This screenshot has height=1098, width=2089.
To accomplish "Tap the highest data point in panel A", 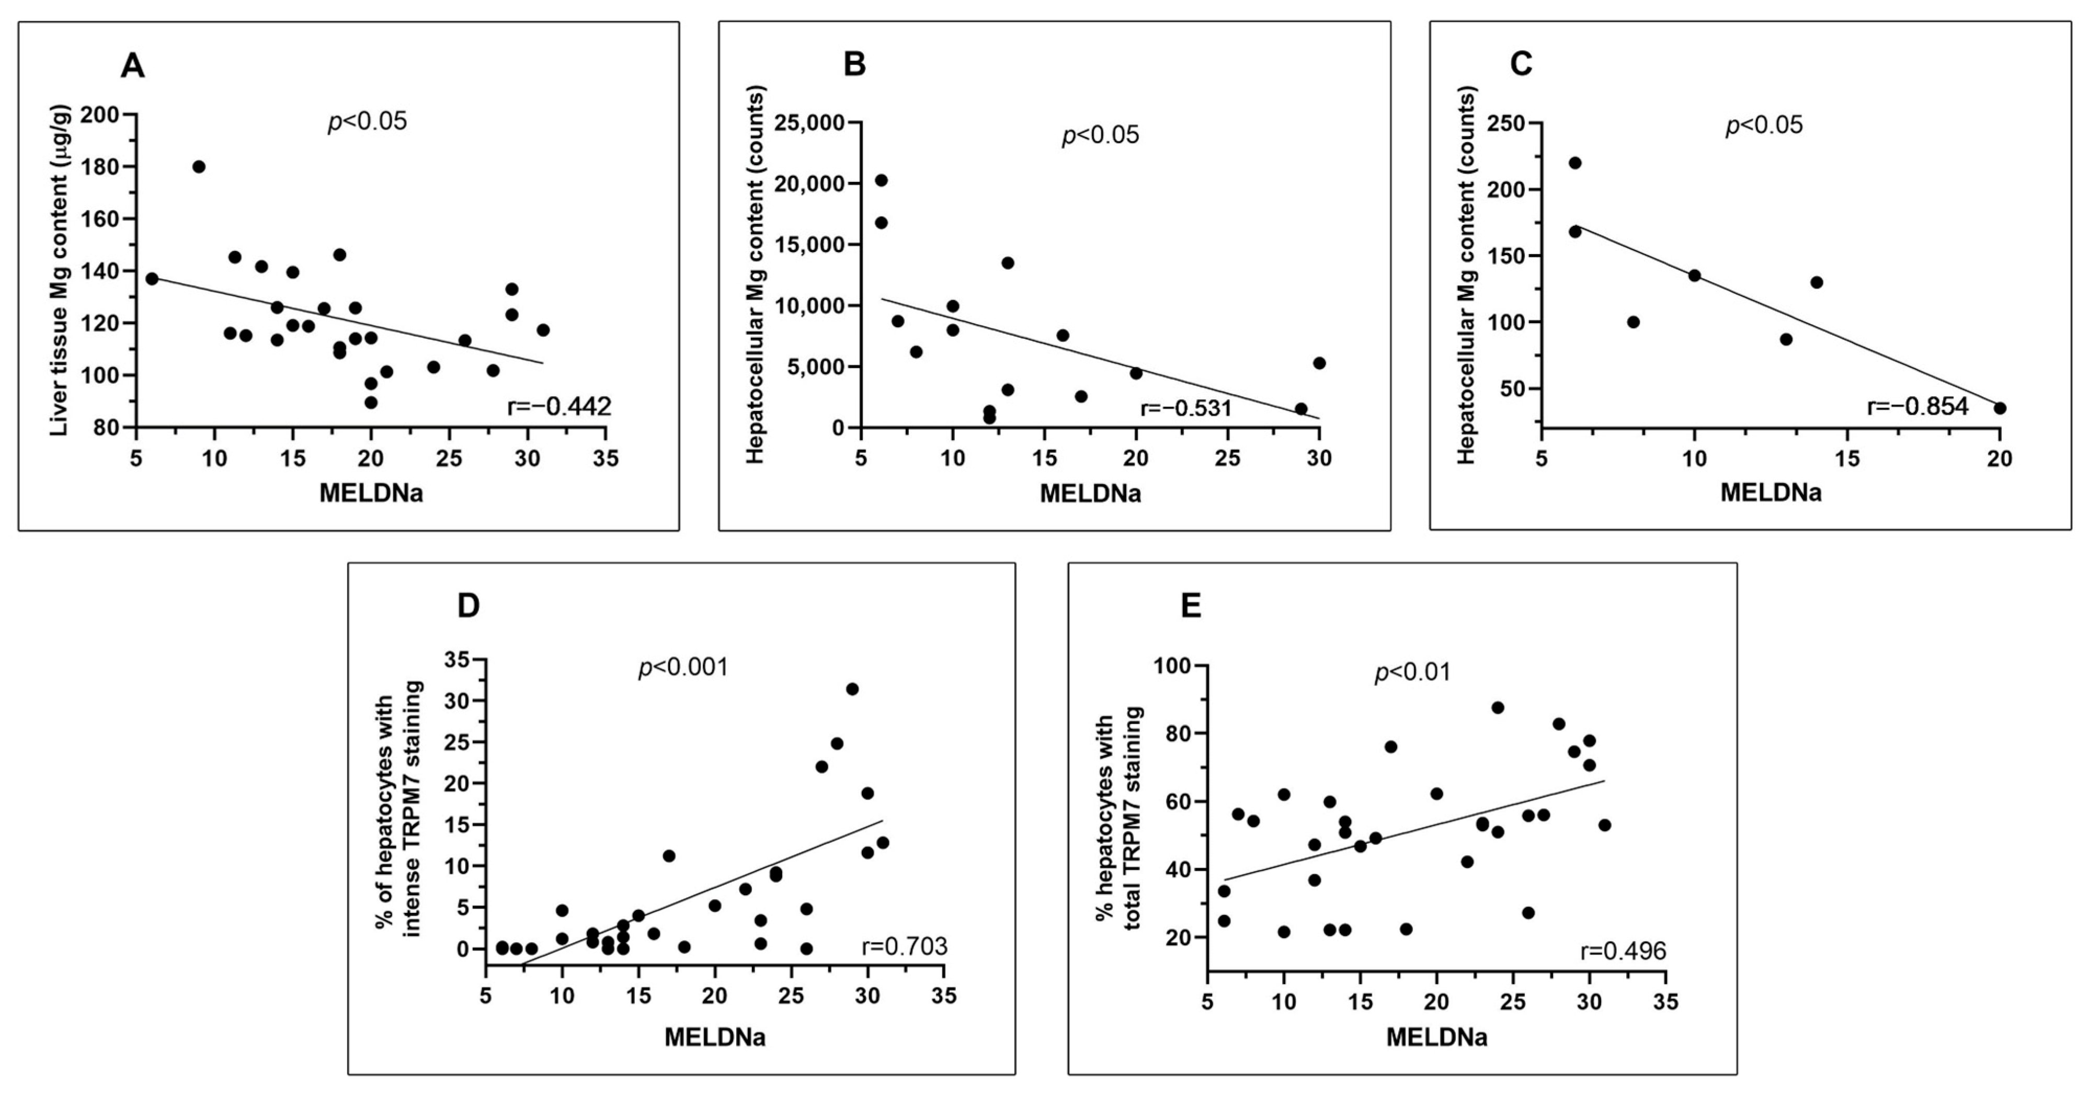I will (x=199, y=167).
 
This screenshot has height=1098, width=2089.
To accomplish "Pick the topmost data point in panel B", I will (x=881, y=180).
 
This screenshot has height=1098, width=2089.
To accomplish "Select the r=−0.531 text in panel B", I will (x=1185, y=408).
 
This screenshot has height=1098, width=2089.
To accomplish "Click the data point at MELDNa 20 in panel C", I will (x=2000, y=408).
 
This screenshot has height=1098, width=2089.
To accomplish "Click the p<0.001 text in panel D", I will (x=683, y=667).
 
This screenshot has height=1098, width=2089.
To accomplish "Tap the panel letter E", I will (x=1191, y=607).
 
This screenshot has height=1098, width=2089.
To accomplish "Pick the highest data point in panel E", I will (x=1497, y=707).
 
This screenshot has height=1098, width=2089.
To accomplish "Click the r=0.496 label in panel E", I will (x=1623, y=951).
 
